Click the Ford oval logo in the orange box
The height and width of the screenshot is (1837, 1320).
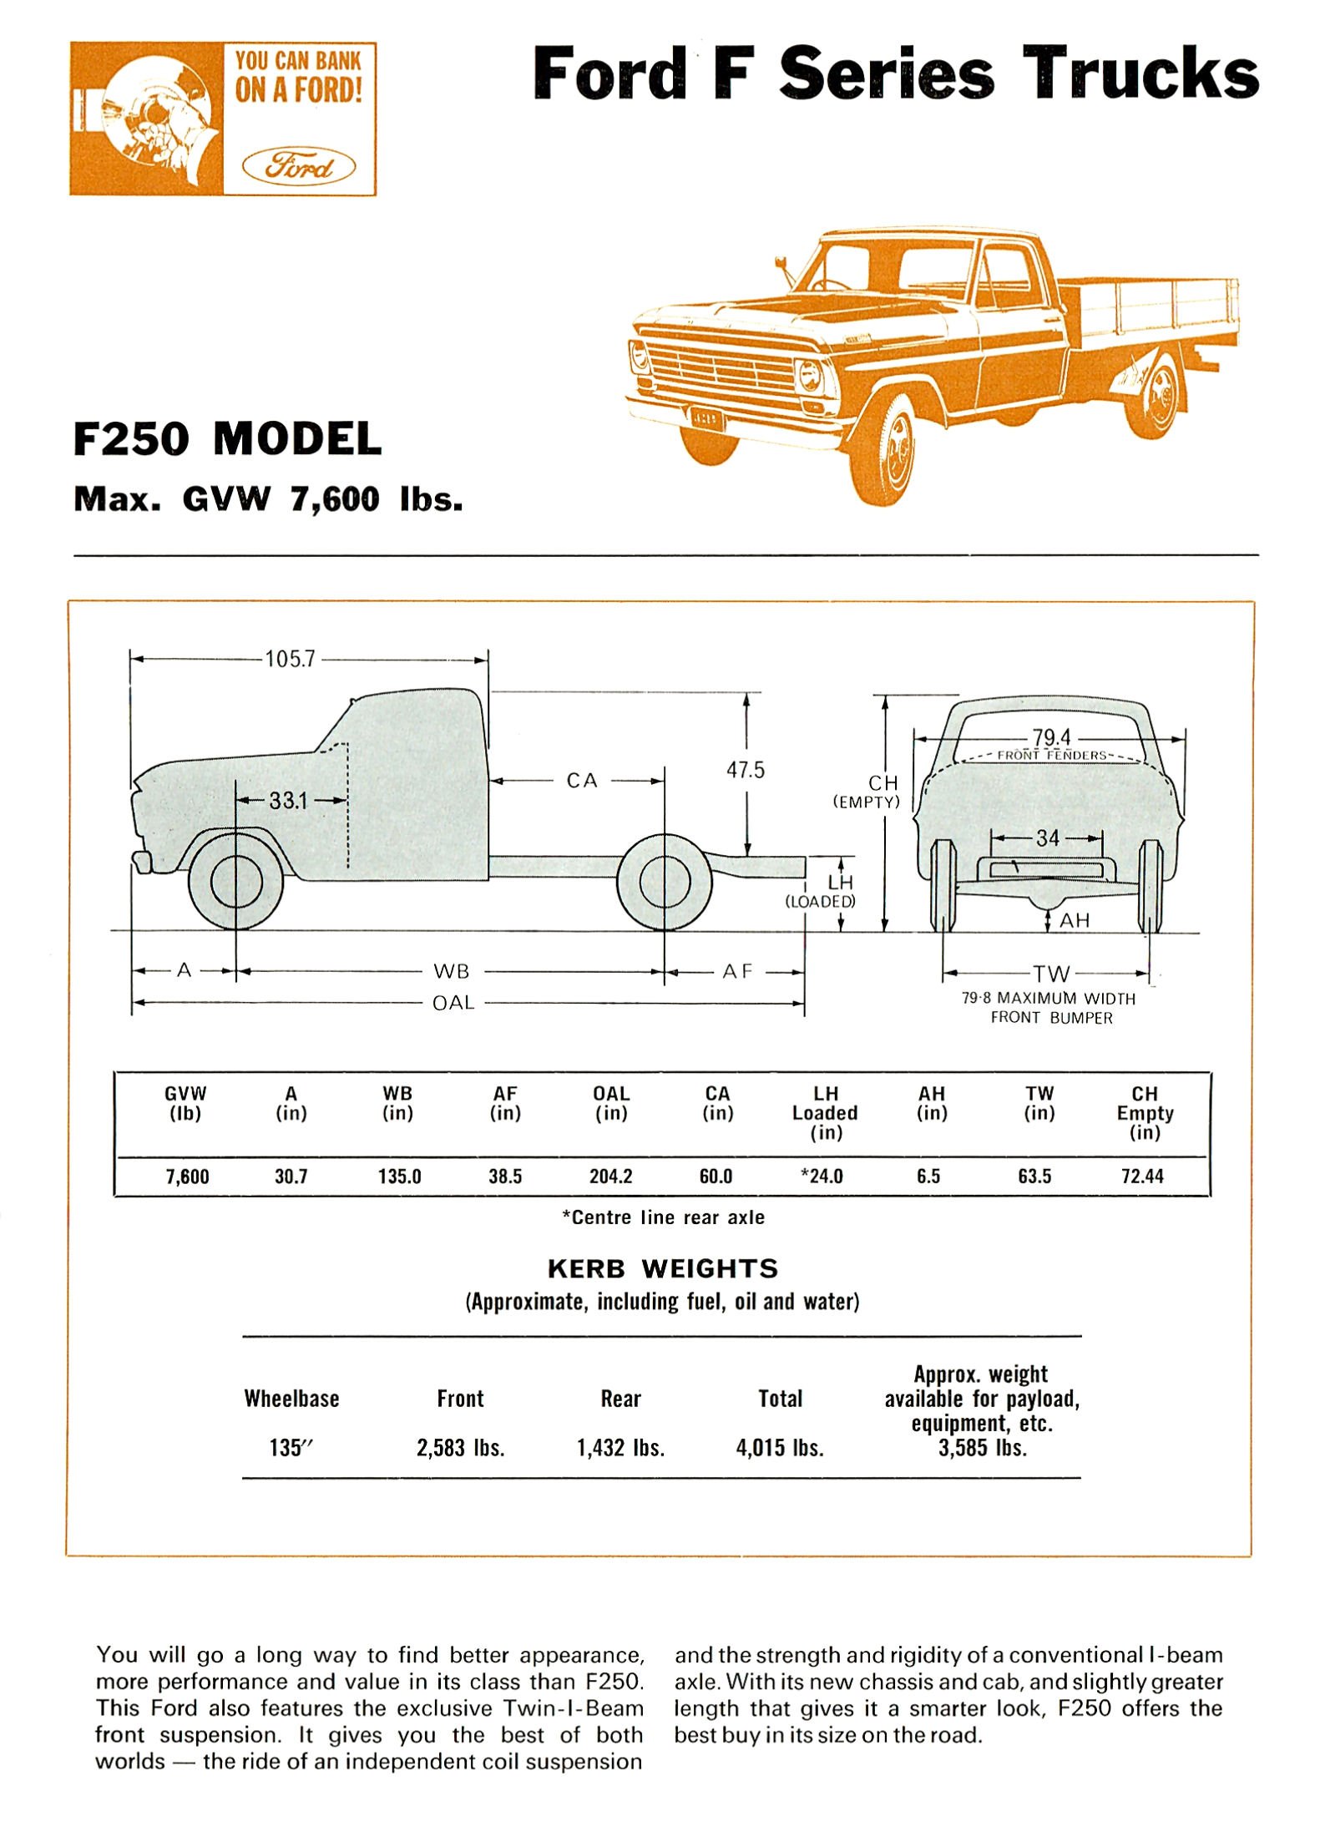pos(298,166)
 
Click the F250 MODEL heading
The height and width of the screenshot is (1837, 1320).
pos(227,438)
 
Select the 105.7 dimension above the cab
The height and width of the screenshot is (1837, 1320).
pos(290,659)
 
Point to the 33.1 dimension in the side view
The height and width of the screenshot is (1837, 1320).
pos(288,801)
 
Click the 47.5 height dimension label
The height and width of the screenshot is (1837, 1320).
pos(745,770)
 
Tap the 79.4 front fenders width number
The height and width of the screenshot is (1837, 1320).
pos(1051,737)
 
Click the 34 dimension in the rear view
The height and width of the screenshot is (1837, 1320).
pos(1047,838)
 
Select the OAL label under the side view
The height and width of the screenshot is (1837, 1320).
pos(453,1002)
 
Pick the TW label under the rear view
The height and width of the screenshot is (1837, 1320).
pos(1050,974)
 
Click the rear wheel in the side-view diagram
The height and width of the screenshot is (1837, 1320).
pos(664,882)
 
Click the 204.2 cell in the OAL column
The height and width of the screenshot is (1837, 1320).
pos(610,1177)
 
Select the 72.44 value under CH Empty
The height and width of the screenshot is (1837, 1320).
pos(1141,1177)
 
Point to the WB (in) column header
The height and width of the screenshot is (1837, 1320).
pos(397,1103)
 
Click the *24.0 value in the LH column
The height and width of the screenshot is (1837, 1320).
pos(822,1177)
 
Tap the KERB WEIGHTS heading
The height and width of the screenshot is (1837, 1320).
pos(662,1268)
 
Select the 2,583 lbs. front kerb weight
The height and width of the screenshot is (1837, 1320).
pos(460,1448)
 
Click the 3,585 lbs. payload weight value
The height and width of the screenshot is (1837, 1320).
pos(982,1448)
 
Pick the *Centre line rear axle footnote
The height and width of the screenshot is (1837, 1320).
pos(663,1217)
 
